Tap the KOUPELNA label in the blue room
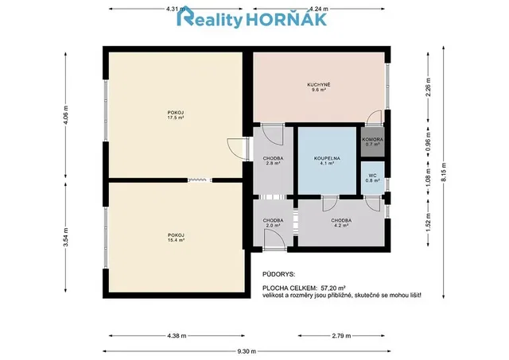coord(327,158)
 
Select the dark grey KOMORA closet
coord(373,142)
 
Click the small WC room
coord(373,178)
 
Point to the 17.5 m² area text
coord(176,118)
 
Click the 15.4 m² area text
coord(177,240)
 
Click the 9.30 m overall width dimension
coord(247,351)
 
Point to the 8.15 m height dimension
coord(444,172)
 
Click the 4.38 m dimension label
coord(177,335)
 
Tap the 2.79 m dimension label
coord(341,335)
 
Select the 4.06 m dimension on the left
coord(66,115)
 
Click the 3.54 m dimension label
coord(66,237)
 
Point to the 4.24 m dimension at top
coord(319,9)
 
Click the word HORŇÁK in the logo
coord(286,19)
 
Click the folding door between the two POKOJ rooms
coord(200,180)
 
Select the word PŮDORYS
coord(279,274)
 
